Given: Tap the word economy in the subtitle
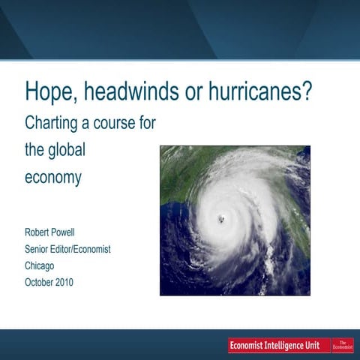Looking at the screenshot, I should (x=52, y=180).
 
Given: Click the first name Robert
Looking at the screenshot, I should (x=40, y=232).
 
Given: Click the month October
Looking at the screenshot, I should (x=42, y=282).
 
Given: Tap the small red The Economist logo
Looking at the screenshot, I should (x=343, y=344).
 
